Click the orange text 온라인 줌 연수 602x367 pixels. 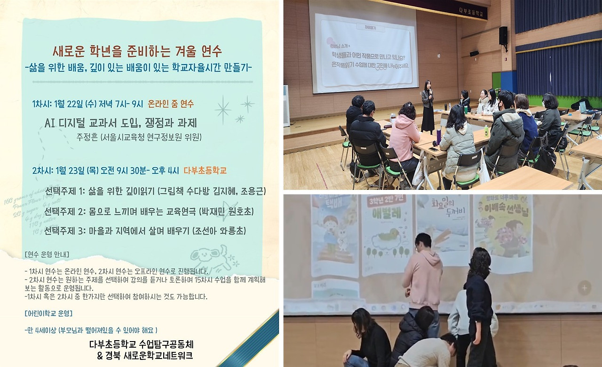[x=170, y=104]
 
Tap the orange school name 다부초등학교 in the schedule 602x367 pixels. [x=206, y=171]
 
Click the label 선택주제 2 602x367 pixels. [x=66, y=211]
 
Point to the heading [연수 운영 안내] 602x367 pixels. [x=47, y=255]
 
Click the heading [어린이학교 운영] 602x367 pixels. [x=48, y=313]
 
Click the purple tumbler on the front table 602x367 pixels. [x=438, y=137]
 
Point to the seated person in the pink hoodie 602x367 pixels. [x=404, y=137]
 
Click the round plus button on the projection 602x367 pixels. [x=584, y=287]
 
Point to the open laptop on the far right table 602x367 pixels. [x=585, y=108]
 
